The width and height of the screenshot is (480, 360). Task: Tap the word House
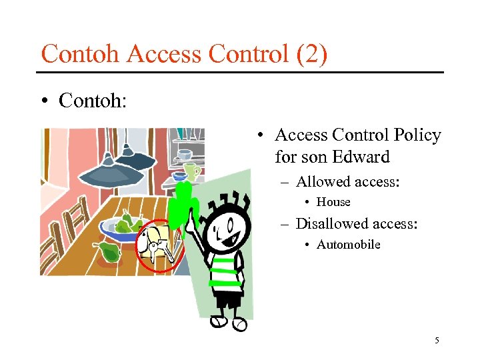click(x=333, y=202)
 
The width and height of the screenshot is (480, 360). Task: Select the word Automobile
click(x=348, y=245)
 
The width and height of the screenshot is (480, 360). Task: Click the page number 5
click(x=437, y=341)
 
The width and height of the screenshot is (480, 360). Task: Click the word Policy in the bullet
click(x=417, y=135)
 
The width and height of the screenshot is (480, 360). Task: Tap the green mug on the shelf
click(x=192, y=172)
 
